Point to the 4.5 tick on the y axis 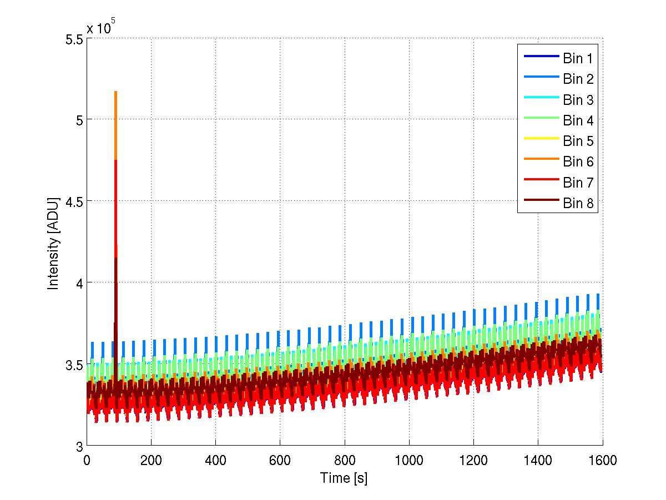[74, 201]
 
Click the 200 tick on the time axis [151, 459]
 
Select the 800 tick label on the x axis [345, 459]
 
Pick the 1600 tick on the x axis [602, 459]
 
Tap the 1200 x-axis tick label [473, 459]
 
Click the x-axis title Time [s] [344, 478]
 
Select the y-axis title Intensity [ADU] [53, 243]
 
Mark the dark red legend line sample [539, 203]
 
